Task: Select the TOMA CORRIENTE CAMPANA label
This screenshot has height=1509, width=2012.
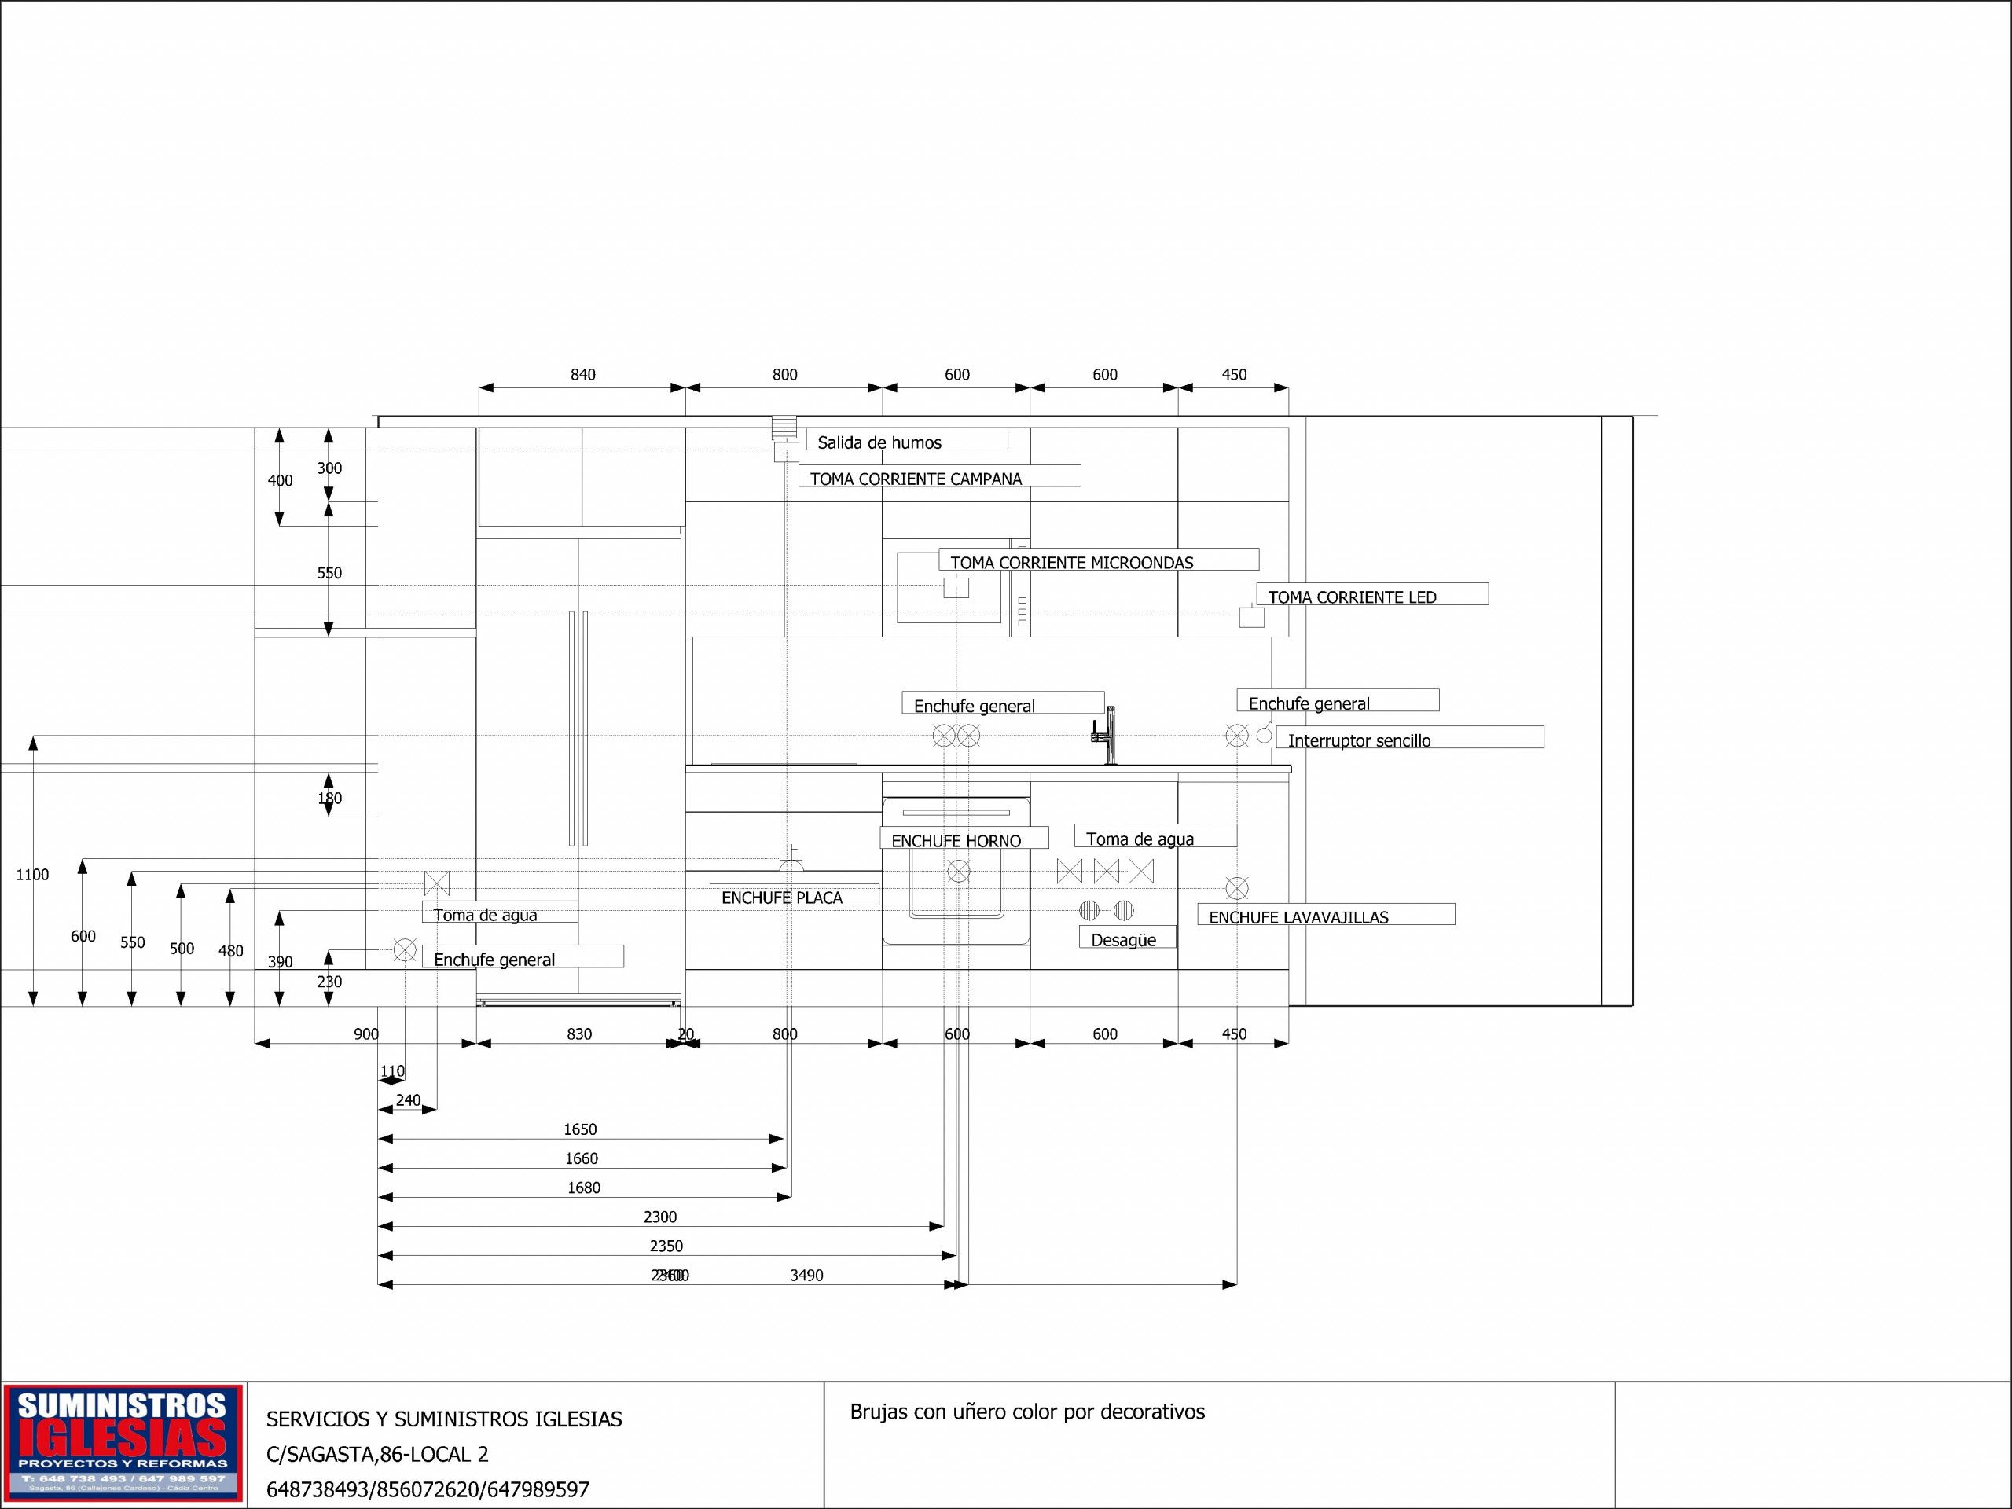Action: pos(916,479)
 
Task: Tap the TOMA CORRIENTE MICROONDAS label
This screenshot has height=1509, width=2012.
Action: pos(1071,562)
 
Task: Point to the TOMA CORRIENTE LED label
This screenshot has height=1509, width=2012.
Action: pos(1352,597)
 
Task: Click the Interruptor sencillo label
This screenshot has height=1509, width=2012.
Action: pos(1359,740)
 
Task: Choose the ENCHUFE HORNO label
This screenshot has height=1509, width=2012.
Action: pos(956,840)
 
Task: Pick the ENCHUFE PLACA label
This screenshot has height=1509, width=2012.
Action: pos(782,897)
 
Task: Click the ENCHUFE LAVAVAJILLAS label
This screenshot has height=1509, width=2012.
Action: pos(1298,917)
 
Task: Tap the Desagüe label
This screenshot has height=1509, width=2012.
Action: pos(1123,940)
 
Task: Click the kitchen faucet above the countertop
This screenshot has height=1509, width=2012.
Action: pos(1106,735)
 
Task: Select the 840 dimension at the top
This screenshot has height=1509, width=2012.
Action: pos(583,375)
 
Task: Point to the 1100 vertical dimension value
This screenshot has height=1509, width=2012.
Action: pos(32,874)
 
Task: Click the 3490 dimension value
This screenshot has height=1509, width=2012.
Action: pos(806,1276)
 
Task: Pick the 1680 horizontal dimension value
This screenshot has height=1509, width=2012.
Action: pos(584,1187)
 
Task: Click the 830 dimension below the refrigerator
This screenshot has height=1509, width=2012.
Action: pos(579,1034)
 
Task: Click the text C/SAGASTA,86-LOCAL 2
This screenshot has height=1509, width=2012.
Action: pos(376,1453)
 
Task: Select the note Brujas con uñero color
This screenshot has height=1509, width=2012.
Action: pos(1027,1412)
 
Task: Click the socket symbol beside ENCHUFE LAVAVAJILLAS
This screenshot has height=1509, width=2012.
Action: pos(1236,888)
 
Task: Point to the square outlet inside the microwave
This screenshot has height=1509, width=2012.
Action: pos(956,588)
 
